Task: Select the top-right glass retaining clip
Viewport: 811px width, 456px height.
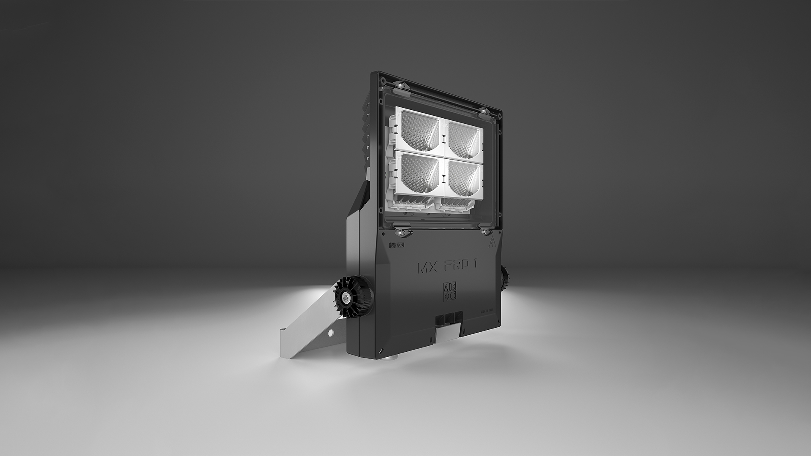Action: pos(484,111)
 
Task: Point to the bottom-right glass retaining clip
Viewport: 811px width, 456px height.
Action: pos(485,232)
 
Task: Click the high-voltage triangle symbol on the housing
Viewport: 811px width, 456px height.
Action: pos(491,242)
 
